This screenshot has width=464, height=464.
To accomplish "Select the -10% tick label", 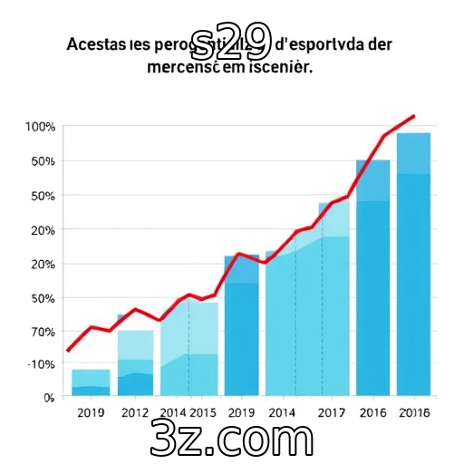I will coord(41,364).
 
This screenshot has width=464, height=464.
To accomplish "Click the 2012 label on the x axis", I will coord(134,413).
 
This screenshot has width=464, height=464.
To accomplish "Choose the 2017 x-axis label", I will coord(333,413).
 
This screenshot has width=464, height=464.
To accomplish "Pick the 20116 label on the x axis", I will coord(414,413).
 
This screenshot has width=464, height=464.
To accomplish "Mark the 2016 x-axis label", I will coord(372,413).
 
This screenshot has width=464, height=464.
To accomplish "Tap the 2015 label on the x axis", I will coord(202,413).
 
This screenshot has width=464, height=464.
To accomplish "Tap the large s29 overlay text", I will coord(232,36).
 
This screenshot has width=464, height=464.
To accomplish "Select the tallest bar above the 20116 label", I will coord(413,263).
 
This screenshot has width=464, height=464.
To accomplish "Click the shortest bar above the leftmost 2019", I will coord(91,382).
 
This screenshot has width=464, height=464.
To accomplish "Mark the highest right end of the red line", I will coord(414,116).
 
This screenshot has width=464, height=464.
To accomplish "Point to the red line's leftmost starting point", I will coord(67,351).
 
